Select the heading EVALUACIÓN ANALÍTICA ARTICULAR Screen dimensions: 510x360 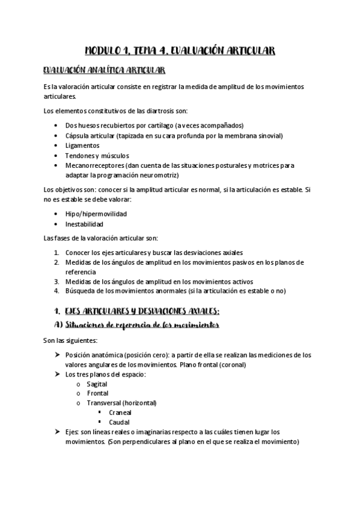(100, 71)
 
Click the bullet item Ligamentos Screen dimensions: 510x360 (82, 146)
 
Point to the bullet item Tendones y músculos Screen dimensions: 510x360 (97, 155)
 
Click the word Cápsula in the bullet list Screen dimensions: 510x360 (78, 135)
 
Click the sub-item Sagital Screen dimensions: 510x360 (97, 383)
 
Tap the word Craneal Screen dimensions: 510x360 (120, 413)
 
